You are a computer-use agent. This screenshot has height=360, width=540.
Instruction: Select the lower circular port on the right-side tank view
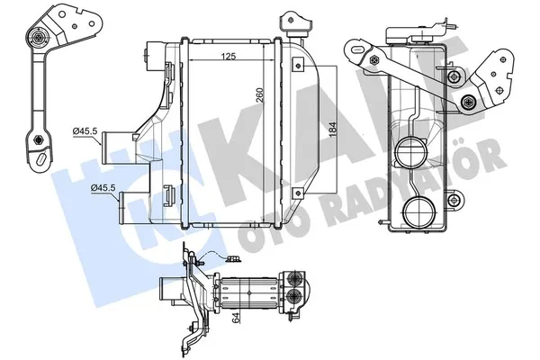point(417,213)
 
